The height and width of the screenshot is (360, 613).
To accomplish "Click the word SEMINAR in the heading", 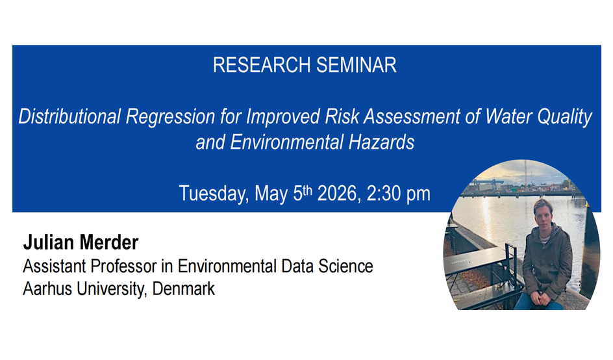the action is click(356, 65).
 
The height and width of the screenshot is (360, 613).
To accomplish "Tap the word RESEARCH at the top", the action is click(262, 65).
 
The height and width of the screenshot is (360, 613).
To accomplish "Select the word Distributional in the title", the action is click(69, 116).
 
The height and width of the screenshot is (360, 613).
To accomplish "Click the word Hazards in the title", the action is click(381, 142).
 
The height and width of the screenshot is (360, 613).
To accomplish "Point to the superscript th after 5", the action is click(308, 190).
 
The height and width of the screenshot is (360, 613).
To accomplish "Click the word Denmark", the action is click(183, 289).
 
